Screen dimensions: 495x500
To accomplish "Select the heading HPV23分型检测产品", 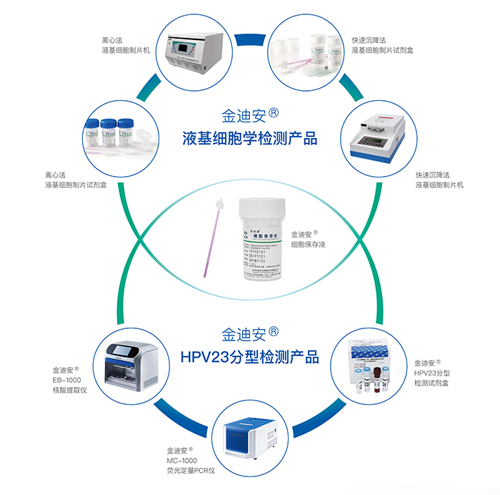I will tap(249, 356).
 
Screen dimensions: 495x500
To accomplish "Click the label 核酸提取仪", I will tap(69, 391).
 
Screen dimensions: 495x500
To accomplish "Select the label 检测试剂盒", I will tap(431, 383).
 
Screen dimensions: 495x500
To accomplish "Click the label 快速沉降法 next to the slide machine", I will tap(433, 175).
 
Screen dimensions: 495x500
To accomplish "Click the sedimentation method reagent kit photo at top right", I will tap(307, 54).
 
